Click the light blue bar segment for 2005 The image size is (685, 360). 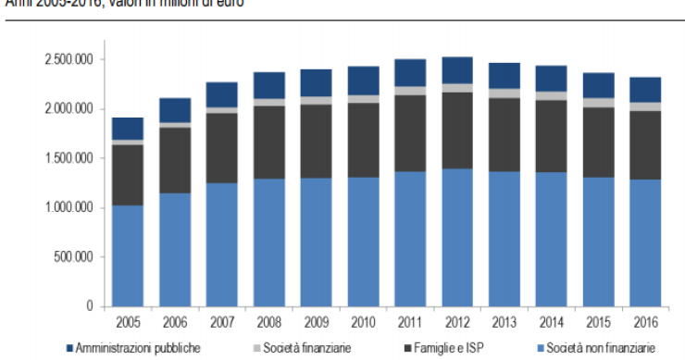coord(127,255)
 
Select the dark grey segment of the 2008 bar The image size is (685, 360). coord(268,142)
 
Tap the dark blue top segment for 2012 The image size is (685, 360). coord(457,70)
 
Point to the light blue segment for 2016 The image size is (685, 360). coord(646,242)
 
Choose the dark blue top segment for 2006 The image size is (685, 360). coord(174,110)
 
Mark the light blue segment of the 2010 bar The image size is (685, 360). coord(363,241)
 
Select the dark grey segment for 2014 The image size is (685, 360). coord(552,136)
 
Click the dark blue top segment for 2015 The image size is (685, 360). coord(599,85)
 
